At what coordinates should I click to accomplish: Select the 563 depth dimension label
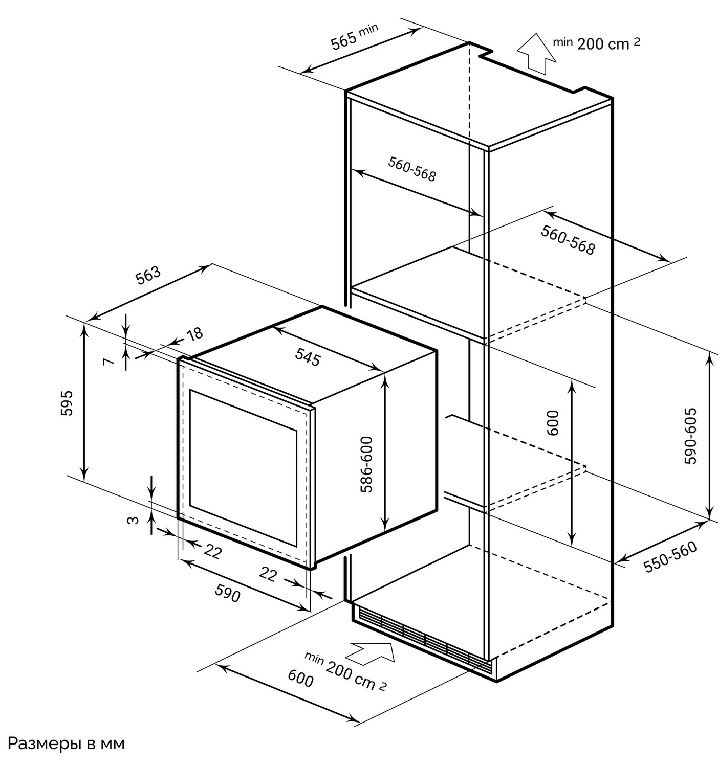click(148, 275)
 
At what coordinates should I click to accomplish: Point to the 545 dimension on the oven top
click(308, 357)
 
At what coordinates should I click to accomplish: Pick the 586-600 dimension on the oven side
click(366, 464)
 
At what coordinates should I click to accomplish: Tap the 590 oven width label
click(228, 593)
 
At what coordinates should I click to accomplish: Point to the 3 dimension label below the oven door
click(133, 520)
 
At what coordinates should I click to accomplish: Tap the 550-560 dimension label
click(670, 557)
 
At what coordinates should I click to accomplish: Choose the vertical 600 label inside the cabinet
click(553, 422)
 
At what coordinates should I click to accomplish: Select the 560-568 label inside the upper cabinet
click(412, 169)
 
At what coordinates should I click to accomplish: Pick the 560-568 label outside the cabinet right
click(568, 240)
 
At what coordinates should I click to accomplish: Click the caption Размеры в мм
click(66, 743)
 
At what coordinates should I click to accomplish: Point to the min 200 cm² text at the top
click(596, 43)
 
